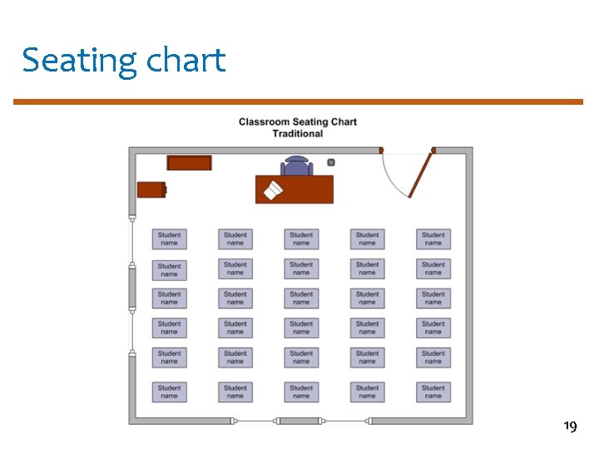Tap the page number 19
570,427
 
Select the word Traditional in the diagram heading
297,134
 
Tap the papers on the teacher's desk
273,191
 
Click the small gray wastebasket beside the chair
330,162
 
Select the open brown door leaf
421,175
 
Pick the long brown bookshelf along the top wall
189,163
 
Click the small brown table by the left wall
151,190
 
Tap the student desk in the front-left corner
169,239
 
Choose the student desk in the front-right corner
433,239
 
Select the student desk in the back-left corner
169,392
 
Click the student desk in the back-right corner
433,392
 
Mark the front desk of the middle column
301,239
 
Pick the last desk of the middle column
301,392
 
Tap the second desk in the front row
235,239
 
